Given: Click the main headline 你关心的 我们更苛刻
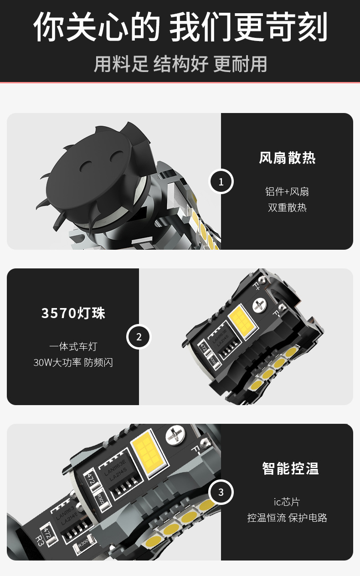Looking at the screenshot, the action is (x=180, y=27).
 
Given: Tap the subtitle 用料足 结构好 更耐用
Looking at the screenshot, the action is (x=180, y=64).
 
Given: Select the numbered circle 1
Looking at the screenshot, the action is (x=221, y=181).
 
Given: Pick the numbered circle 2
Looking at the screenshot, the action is (x=139, y=337).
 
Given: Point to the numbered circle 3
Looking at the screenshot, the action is (x=221, y=492).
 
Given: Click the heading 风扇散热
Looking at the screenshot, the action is (x=287, y=158).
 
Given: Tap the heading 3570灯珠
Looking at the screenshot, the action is (x=73, y=313).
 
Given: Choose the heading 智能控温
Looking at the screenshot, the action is (x=290, y=468).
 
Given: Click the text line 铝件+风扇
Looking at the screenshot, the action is (x=287, y=191).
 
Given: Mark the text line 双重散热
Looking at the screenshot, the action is (x=287, y=207).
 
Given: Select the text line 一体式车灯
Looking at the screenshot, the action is (x=73, y=347).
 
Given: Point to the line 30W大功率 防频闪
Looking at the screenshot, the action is (x=73, y=363).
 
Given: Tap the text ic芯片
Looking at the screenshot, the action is (x=287, y=502).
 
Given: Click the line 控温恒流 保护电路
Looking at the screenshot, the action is (x=287, y=518).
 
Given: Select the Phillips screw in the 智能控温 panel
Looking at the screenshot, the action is (x=175, y=436).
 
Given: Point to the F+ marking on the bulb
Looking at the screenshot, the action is (x=257, y=285).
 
